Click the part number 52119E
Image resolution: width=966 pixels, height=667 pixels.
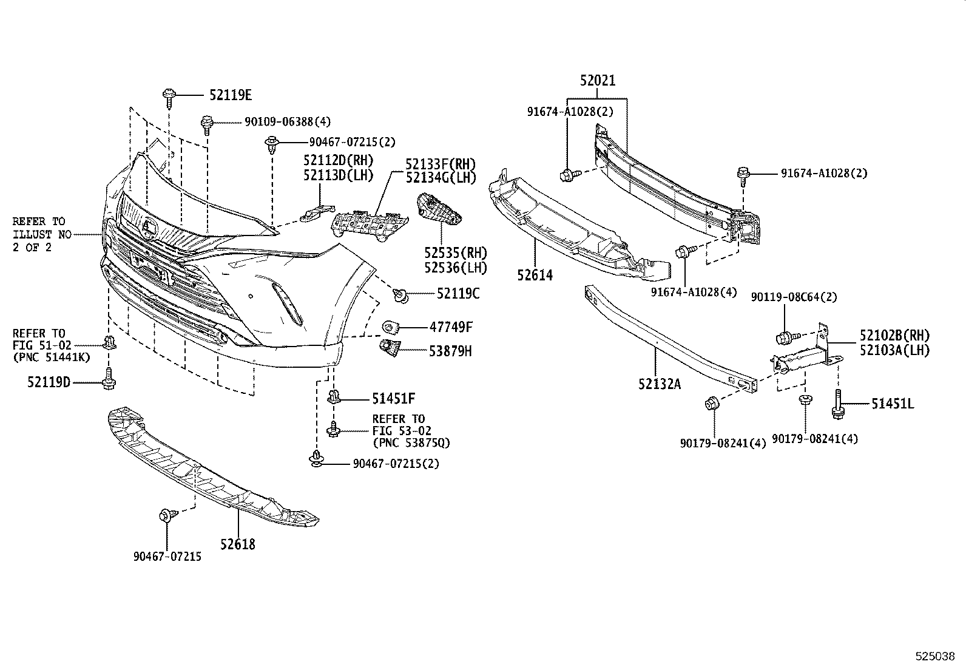(231, 95)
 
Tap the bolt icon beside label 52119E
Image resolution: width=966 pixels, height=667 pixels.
(168, 95)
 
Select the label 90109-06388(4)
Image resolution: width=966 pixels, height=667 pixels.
(288, 122)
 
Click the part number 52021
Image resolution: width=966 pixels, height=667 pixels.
(597, 80)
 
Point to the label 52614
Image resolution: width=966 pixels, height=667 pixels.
(535, 275)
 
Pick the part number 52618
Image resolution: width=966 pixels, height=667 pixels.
(238, 544)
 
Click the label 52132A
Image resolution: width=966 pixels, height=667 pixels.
(659, 384)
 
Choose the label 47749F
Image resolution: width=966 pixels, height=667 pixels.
(451, 328)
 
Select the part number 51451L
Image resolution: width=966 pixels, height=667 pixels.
(893, 404)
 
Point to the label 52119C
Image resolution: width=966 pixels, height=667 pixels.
(458, 294)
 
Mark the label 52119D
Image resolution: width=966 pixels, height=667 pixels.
(49, 382)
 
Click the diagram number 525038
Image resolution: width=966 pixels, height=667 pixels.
(935, 656)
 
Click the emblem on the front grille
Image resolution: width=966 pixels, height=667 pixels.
(149, 228)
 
